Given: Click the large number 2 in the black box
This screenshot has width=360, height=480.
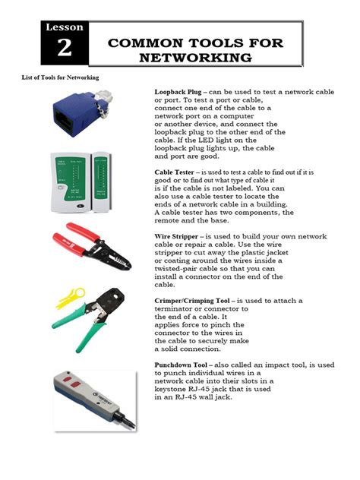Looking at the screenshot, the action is (65, 49).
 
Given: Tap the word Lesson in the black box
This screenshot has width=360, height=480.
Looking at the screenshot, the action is (65, 27).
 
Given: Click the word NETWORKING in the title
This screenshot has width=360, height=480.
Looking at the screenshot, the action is (201, 57).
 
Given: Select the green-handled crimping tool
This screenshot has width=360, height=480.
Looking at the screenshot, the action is (99, 317).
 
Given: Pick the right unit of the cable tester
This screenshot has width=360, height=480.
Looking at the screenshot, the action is (109, 181).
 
